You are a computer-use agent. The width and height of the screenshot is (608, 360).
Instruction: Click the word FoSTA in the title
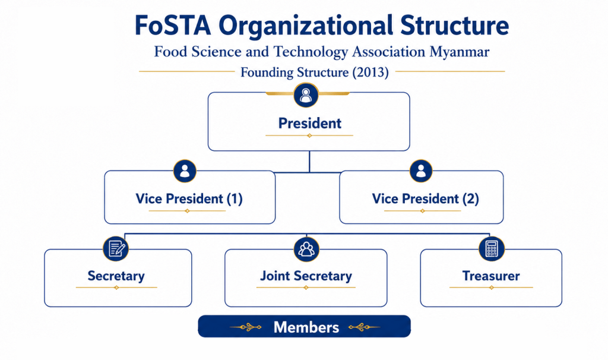pos(173,26)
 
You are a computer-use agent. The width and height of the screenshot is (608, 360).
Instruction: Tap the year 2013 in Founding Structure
pos(370,72)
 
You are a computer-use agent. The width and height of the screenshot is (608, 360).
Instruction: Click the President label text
pos(310,124)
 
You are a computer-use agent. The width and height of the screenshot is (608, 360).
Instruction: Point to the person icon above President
pos(306,95)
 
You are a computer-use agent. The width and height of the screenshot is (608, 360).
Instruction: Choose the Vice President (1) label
pos(189,198)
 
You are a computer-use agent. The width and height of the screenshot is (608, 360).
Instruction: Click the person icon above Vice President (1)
pos(185,171)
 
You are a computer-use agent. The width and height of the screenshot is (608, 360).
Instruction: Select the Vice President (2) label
pos(425,198)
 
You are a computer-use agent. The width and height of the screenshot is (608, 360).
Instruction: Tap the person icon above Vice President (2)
pos(421,171)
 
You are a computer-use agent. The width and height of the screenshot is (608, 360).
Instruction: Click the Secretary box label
pos(116,276)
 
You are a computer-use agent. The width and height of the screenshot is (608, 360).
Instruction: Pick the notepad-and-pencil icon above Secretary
pos(116,249)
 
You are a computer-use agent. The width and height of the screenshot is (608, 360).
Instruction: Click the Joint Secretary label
pos(306,276)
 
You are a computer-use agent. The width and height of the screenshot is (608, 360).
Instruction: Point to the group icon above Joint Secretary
pos(306,249)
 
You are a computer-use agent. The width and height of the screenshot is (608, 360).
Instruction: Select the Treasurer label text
pos(491,276)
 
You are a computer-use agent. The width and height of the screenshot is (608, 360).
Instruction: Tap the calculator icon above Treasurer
pos(492,249)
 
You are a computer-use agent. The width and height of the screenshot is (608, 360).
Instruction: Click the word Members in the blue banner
pos(306,327)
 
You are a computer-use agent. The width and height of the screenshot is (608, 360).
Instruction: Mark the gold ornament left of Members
pos(246,327)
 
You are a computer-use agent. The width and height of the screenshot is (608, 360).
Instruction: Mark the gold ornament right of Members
pos(364,327)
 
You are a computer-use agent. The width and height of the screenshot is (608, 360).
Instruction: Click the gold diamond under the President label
pos(309,135)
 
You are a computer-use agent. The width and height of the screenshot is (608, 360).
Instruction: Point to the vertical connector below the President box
pos(309,162)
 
